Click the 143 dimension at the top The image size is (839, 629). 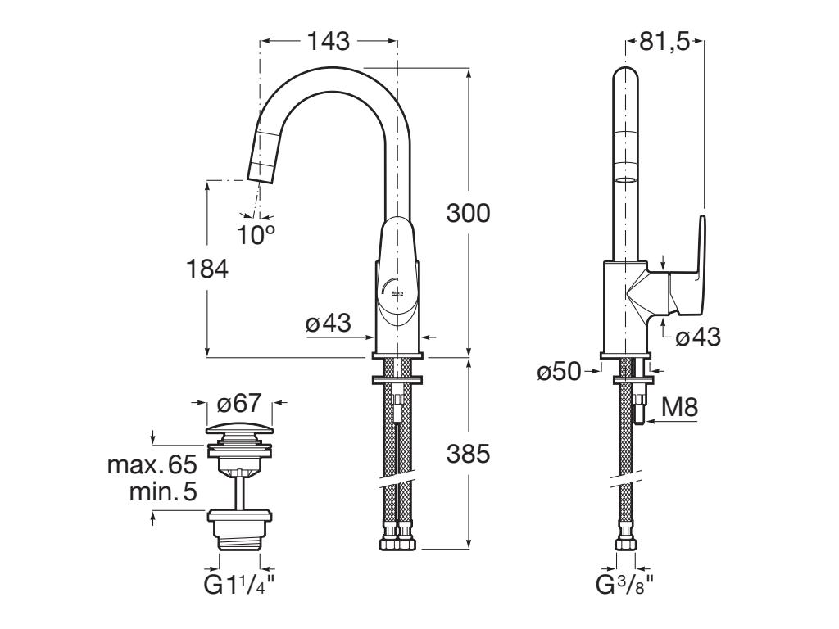point(329,40)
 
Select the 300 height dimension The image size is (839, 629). point(468,213)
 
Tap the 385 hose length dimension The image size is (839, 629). point(468,454)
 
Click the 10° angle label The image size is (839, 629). point(256,235)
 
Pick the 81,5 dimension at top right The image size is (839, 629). point(664,42)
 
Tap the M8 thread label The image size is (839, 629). point(679,406)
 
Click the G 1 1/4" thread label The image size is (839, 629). point(241,586)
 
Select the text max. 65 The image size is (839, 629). point(152,466)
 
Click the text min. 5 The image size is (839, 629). point(164,492)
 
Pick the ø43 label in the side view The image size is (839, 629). point(699,336)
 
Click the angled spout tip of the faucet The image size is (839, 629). point(264,169)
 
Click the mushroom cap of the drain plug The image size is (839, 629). point(238,431)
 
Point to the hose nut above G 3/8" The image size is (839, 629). point(626,544)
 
